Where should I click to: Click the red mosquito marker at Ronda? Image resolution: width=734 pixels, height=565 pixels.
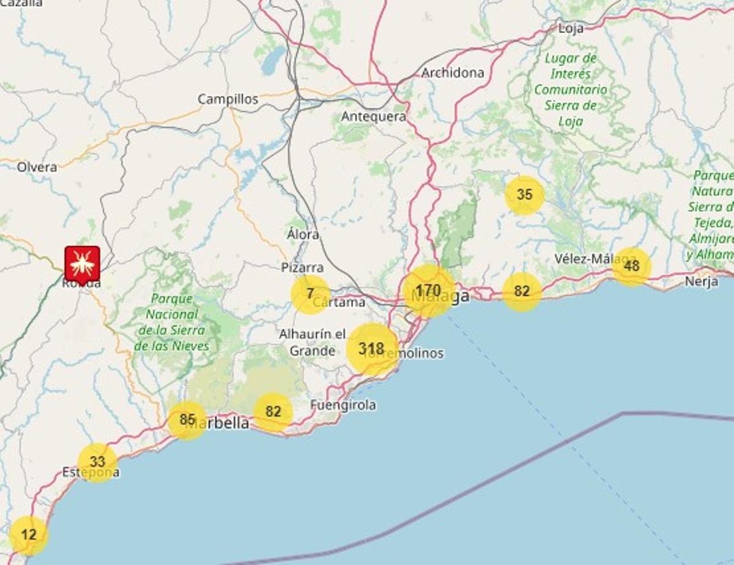click(x=82, y=263)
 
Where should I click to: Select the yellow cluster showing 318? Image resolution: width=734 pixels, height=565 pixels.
click(x=371, y=350)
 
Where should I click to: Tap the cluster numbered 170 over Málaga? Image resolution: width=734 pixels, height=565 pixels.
click(x=428, y=291)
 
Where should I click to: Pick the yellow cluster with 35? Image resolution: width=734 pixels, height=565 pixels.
click(x=524, y=195)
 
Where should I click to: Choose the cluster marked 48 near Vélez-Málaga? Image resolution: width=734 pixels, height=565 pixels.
click(x=631, y=266)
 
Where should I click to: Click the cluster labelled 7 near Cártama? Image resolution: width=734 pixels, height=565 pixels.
click(x=310, y=294)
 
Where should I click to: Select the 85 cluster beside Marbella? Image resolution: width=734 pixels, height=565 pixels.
click(x=187, y=421)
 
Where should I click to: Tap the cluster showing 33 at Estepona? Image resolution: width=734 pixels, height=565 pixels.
click(x=97, y=463)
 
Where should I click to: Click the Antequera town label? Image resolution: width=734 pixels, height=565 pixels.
click(x=374, y=116)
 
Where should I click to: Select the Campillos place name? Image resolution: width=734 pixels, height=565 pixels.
click(x=228, y=99)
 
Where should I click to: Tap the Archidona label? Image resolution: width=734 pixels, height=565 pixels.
click(x=453, y=73)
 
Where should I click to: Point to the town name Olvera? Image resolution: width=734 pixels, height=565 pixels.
click(x=37, y=167)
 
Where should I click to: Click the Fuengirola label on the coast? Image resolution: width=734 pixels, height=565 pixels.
click(x=343, y=405)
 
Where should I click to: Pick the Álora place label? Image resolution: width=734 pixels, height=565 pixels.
click(x=303, y=234)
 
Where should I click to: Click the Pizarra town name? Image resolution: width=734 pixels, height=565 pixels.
click(x=302, y=268)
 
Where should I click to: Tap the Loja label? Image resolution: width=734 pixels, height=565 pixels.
click(x=571, y=28)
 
